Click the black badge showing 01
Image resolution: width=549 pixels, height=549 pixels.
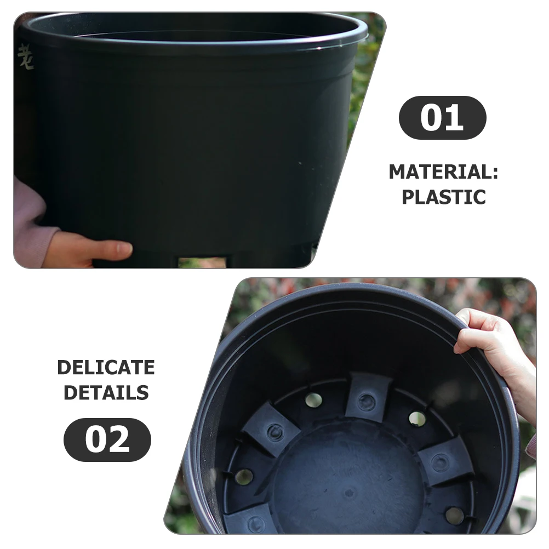click(x=442, y=118)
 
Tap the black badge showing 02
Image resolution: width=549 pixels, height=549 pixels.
click(x=107, y=439)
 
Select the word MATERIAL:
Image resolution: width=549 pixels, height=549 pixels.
click(x=443, y=172)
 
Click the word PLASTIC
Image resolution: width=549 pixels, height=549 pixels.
click(x=443, y=197)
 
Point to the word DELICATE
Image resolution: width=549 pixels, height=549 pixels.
click(x=106, y=368)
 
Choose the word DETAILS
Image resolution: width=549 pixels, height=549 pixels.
click(x=106, y=392)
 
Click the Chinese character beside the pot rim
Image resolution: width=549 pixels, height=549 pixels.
click(x=25, y=57)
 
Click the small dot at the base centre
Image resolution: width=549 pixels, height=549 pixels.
click(x=348, y=492)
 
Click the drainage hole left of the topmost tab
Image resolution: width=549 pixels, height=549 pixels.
click(x=313, y=399)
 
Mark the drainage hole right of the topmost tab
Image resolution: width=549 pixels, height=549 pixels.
click(x=417, y=419)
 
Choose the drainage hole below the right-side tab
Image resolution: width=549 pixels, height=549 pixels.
click(x=454, y=514)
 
